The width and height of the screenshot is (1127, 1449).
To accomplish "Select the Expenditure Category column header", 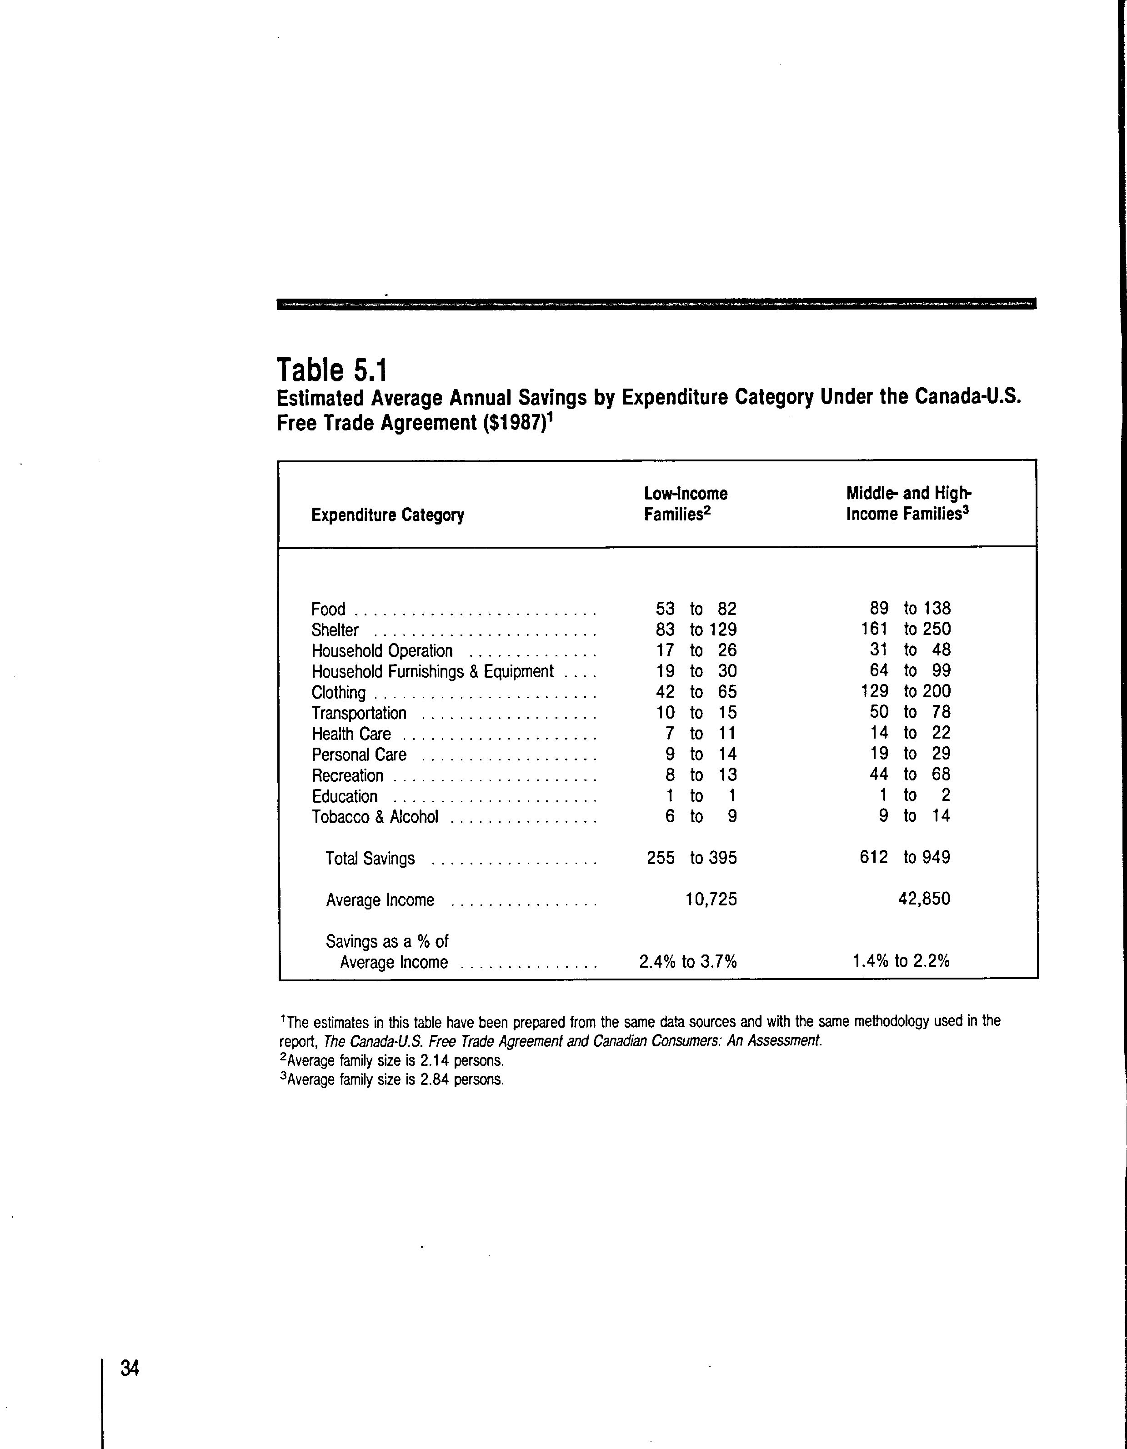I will click(x=388, y=515).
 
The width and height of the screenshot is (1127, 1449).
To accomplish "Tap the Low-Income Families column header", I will click(x=686, y=504).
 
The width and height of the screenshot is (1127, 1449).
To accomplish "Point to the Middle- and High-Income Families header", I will click(x=909, y=504).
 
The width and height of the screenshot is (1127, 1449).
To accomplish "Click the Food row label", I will click(x=329, y=609).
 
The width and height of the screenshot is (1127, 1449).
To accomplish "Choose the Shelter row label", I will click(x=335, y=630).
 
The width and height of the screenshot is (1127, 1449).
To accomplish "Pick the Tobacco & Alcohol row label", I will click(x=375, y=817).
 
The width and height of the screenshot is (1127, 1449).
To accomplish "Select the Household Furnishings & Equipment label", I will click(x=432, y=671).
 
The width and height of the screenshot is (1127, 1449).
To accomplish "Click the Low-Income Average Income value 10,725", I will click(x=711, y=899).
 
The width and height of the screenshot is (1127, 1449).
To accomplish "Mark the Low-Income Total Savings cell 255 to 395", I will click(x=691, y=857).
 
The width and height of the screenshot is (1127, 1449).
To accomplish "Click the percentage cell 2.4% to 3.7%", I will click(x=688, y=961).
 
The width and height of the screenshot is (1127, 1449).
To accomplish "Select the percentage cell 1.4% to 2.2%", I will click(x=901, y=961).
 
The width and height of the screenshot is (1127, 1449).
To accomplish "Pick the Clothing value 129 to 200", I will click(x=905, y=691).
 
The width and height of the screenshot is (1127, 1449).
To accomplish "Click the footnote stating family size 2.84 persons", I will click(x=391, y=1079).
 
